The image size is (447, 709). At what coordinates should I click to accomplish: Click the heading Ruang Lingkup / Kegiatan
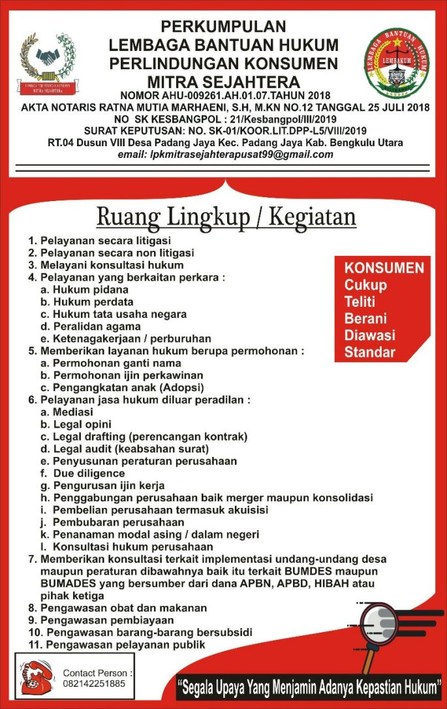tap(226, 217)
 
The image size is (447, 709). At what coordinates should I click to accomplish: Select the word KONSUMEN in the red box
tap(384, 268)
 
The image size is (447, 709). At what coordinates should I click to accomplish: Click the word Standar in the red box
tap(369, 353)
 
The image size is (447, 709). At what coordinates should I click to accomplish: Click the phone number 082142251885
tap(93, 683)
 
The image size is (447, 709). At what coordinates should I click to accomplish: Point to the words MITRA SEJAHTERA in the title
tap(224, 82)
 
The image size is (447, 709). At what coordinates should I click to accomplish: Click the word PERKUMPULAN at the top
tap(224, 27)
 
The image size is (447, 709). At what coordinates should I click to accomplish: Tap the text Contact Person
tap(98, 672)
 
